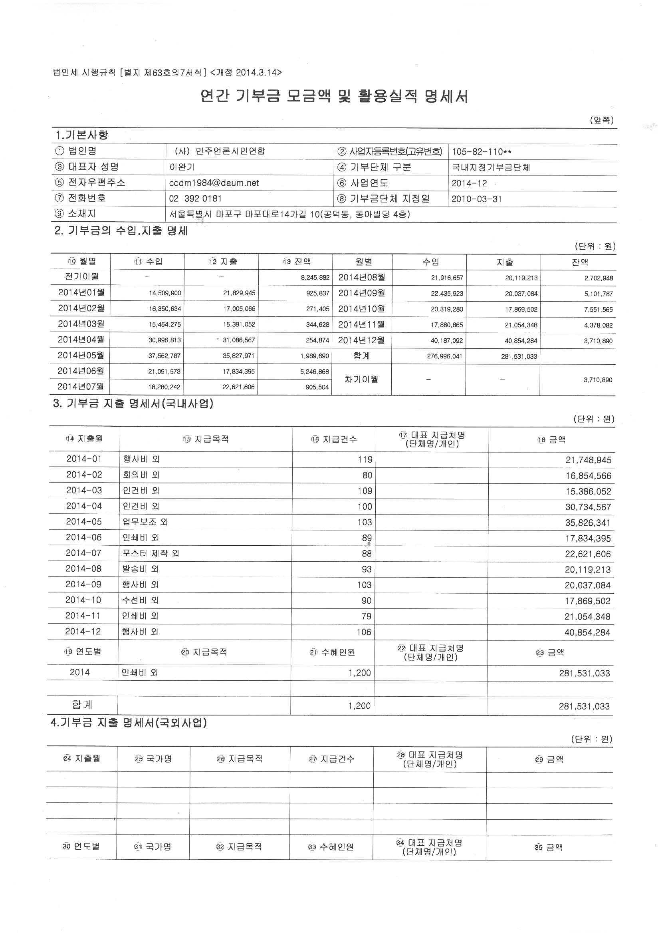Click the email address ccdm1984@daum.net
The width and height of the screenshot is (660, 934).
[x=214, y=183]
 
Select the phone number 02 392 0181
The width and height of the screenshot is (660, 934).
[x=195, y=199]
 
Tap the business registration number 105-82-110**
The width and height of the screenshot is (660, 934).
[x=482, y=152]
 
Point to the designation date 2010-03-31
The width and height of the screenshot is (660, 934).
[x=477, y=199]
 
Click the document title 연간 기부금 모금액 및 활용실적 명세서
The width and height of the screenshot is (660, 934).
[x=334, y=97]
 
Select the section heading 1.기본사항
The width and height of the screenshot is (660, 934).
[x=82, y=135]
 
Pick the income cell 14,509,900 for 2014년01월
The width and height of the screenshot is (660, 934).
[x=165, y=293]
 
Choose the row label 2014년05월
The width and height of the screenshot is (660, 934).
[x=81, y=355]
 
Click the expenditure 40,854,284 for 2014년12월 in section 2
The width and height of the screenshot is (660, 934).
[x=521, y=341]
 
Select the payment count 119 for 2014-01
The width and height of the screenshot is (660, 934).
[x=365, y=460]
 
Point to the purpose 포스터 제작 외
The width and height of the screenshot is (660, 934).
[x=151, y=553]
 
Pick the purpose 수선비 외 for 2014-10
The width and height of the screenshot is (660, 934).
[x=140, y=600]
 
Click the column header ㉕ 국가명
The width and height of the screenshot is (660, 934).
[x=153, y=759]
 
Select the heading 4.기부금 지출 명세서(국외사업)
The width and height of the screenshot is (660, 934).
[x=129, y=723]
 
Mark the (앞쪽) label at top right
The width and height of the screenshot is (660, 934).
[x=601, y=120]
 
